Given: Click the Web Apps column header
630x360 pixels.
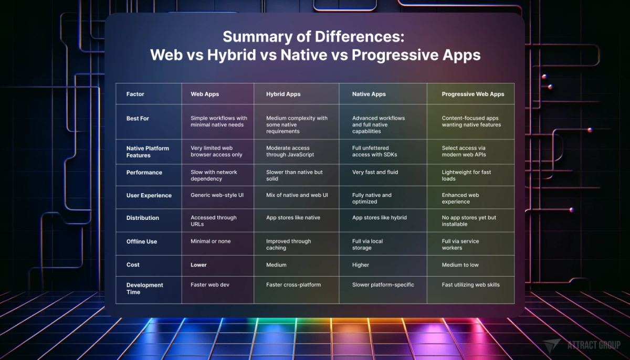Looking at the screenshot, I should (205, 94).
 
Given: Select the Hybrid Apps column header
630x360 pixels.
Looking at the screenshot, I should (283, 94).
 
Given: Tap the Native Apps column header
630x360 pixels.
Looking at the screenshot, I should (369, 94).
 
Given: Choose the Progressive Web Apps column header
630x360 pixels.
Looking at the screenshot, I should (473, 94).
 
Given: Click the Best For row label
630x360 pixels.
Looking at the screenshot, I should (138, 119).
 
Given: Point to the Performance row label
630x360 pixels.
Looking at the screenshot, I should (144, 172).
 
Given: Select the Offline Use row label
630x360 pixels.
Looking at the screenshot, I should (142, 241).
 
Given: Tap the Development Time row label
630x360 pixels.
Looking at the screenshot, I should (145, 288).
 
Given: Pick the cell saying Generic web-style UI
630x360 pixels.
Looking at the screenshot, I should (217, 195).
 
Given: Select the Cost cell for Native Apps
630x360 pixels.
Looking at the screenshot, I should (361, 265).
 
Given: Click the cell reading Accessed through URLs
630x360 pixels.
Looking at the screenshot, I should (214, 220).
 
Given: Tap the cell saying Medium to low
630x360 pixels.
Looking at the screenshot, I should (460, 265).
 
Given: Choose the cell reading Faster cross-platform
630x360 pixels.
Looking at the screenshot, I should (293, 285).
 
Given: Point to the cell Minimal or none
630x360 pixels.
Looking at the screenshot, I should (211, 241).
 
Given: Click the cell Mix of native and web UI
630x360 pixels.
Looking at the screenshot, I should (297, 195).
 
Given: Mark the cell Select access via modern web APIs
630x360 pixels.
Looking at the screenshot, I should (464, 151).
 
